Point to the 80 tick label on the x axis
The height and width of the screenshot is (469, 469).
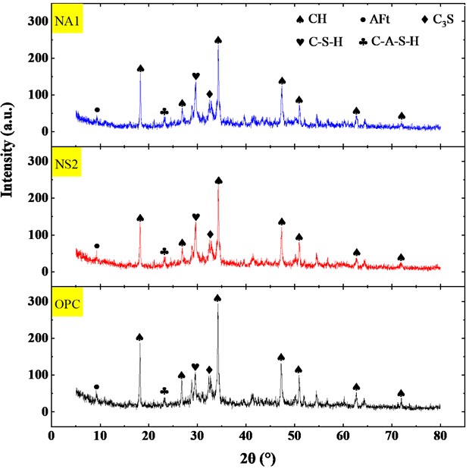point(439,436)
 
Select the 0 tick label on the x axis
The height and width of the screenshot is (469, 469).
point(51,436)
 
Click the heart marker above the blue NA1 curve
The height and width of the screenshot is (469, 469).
point(195,76)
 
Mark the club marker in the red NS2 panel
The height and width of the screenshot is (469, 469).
point(164,251)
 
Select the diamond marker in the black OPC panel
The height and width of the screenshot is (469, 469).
point(210,370)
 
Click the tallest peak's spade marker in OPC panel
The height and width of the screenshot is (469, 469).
point(217,298)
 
